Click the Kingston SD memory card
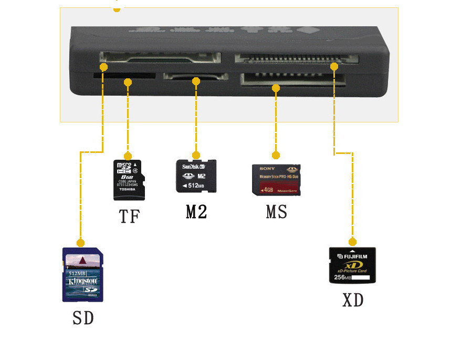83,274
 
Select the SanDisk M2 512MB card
195,176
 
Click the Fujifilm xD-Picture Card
352,265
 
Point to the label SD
83,318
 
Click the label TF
129,216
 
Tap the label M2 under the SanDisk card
196,211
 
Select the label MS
276,212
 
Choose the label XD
353,300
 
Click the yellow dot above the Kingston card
80,243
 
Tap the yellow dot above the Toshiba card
128,156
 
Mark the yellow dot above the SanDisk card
196,155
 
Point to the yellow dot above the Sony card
276,155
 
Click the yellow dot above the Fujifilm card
352,242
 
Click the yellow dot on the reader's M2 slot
196,81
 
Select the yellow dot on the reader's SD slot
103,67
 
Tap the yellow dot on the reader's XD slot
334,66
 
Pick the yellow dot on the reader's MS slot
276,88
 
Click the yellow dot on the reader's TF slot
128,82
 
